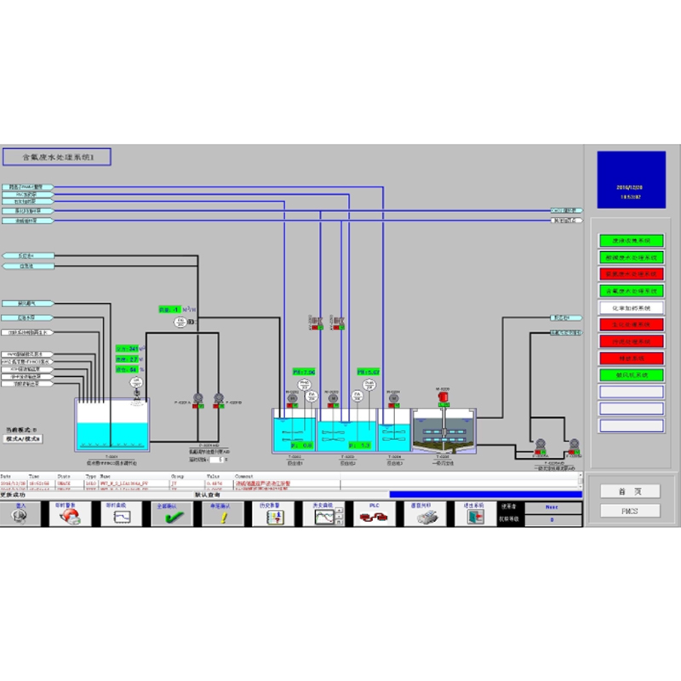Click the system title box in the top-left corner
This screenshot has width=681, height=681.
pyautogui.click(x=57, y=157)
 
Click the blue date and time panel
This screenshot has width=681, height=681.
pyautogui.click(x=631, y=180)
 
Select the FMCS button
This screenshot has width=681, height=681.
pyautogui.click(x=630, y=511)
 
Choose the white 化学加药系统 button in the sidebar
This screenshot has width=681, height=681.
pyautogui.click(x=631, y=307)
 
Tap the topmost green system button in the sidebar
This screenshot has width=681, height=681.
pyautogui.click(x=631, y=241)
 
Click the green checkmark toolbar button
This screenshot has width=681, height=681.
pyautogui.click(x=169, y=514)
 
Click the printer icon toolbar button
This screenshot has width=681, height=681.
pyautogui.click(x=422, y=514)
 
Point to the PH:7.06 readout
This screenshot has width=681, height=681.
pyautogui.click(x=304, y=372)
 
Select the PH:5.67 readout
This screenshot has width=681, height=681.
pyautogui.click(x=368, y=372)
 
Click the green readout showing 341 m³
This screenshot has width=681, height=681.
pyautogui.click(x=129, y=348)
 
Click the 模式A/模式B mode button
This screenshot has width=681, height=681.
pyautogui.click(x=24, y=440)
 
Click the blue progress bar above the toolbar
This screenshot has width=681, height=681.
pyautogui.click(x=485, y=494)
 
